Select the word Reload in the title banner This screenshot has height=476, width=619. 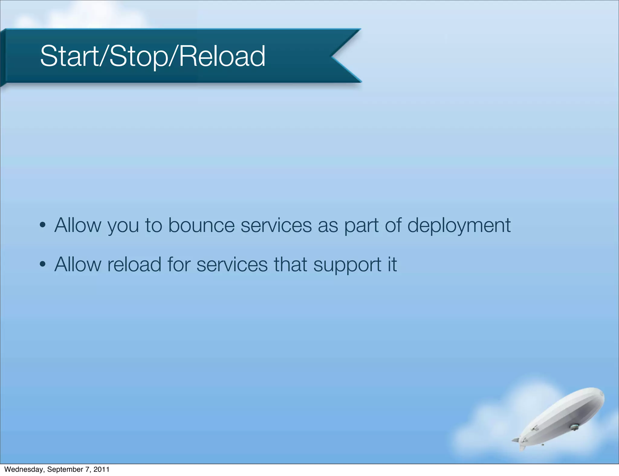click(x=222, y=56)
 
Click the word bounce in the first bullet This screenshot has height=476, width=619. click(x=201, y=225)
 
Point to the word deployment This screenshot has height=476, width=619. click(x=459, y=226)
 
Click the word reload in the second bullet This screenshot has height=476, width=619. click(x=134, y=265)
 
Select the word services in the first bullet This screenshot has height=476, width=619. click(x=276, y=225)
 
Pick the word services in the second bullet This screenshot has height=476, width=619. click(x=232, y=265)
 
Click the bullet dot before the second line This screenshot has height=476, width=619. click(x=43, y=264)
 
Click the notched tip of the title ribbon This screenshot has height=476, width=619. click(x=332, y=56)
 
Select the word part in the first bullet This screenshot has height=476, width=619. click(x=361, y=226)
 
